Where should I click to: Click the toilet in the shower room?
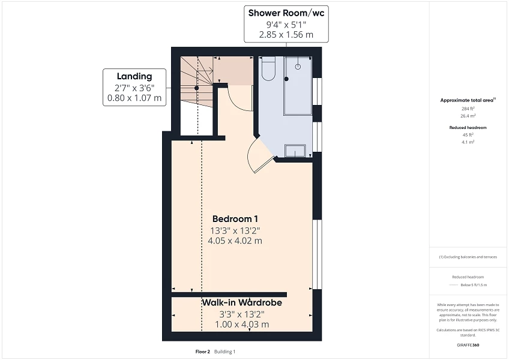point(268,69)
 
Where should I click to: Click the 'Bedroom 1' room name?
point(235,218)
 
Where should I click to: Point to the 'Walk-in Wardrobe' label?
point(242,302)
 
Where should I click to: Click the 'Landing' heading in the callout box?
point(134,76)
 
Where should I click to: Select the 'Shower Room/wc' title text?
point(286,13)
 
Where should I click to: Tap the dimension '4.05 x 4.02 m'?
point(235,241)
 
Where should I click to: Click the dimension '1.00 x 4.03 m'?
point(242,324)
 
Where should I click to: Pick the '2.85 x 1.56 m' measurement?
point(286,35)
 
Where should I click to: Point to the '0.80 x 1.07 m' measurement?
point(134,98)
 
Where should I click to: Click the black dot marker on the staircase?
point(197,88)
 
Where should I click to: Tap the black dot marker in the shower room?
point(287,79)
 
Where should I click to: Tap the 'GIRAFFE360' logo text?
point(468,346)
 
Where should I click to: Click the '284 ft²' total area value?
point(468,108)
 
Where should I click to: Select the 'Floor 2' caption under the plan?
point(203,352)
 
